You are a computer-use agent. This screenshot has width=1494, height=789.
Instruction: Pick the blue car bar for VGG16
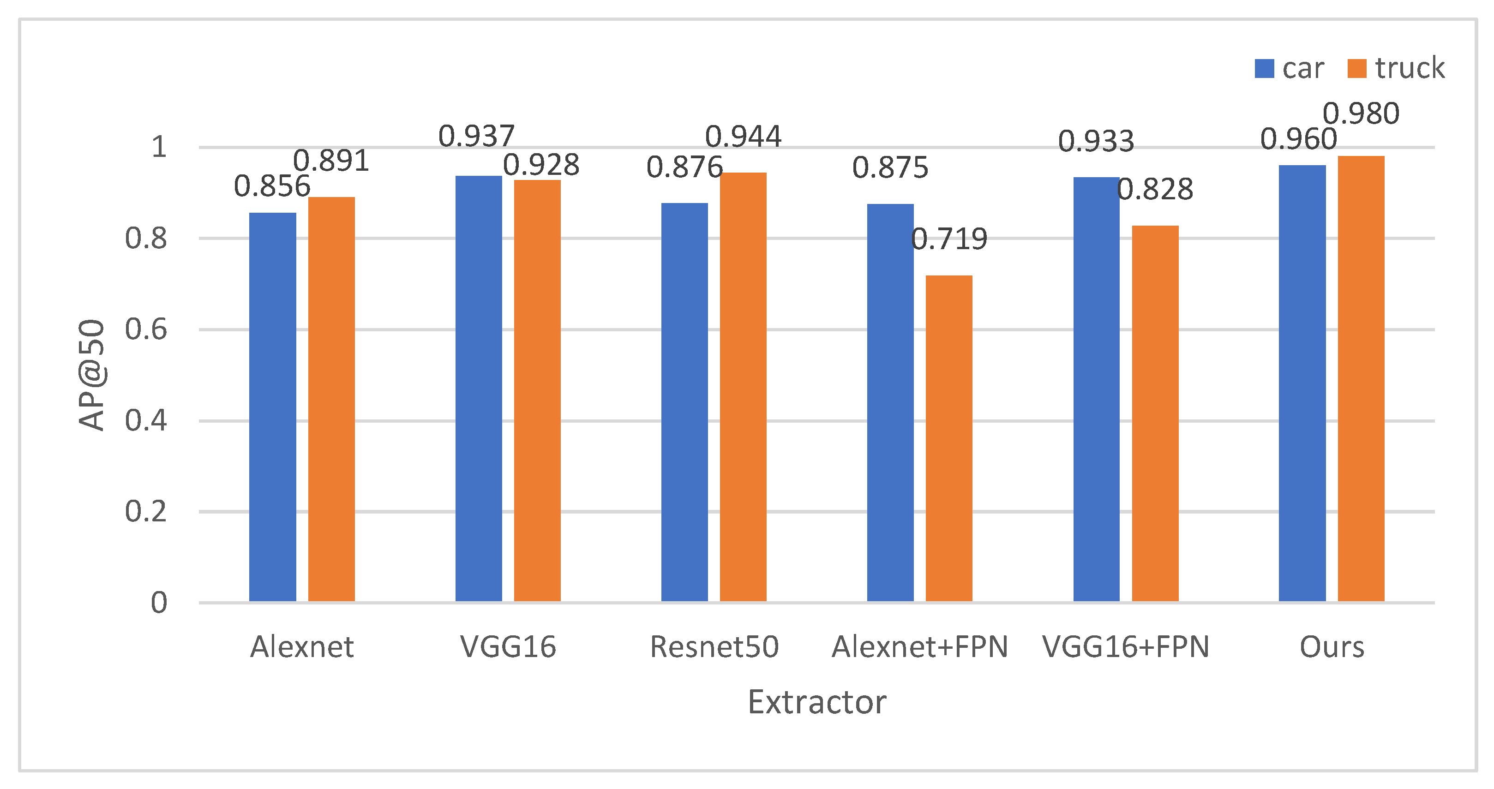coord(479,389)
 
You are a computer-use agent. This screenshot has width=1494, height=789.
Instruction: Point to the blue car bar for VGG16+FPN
coord(1096,389)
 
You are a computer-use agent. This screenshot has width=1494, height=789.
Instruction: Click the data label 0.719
coord(949,239)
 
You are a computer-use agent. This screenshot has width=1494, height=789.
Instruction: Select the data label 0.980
coord(1361,114)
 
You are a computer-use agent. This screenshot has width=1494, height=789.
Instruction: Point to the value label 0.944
coord(743,137)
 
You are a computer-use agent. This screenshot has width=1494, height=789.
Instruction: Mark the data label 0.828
coord(1155,190)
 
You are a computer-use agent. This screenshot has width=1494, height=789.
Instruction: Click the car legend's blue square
coord(1264,68)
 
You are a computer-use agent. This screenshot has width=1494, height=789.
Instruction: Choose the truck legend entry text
coord(1410,68)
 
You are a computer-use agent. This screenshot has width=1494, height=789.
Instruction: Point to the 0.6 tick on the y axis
coord(145,329)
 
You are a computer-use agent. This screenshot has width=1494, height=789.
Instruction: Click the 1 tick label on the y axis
coord(158,147)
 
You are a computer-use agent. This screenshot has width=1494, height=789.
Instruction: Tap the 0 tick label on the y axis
coord(158,603)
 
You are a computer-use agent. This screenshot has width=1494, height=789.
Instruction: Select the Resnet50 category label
coord(714,647)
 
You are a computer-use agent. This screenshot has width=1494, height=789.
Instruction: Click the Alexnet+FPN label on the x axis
coord(920,647)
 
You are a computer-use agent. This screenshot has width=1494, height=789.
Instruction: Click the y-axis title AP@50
coord(92,375)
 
